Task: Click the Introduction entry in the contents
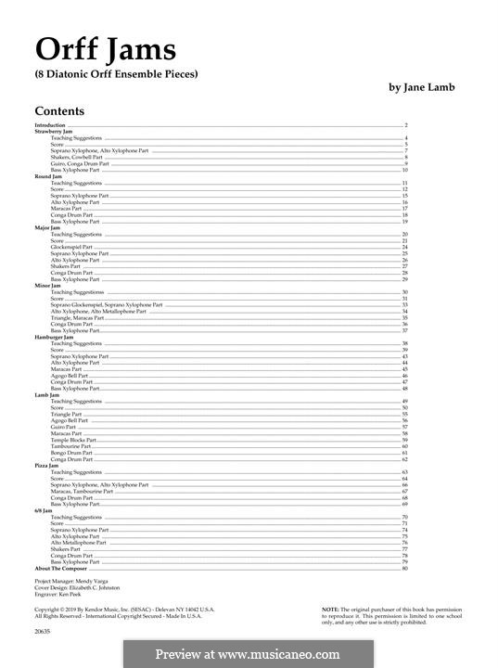(x=50, y=124)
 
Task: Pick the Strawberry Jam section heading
(x=53, y=131)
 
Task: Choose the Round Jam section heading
(x=47, y=176)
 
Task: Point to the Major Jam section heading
(x=47, y=228)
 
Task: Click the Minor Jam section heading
(x=48, y=286)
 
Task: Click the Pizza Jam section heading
(x=47, y=466)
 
